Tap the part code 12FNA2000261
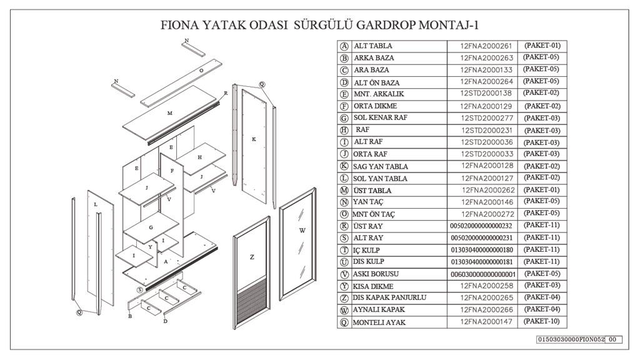(486, 46)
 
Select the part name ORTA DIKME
(375, 106)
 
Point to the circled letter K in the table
(344, 166)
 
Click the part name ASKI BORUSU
(376, 274)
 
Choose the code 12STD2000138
(486, 93)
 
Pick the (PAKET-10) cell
(542, 321)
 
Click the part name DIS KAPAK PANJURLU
(389, 297)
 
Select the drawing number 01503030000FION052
(571, 339)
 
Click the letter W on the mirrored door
(302, 230)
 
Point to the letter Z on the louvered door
(252, 257)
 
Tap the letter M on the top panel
(170, 113)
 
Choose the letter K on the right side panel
(254, 139)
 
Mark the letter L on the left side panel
(96, 204)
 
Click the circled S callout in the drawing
(140, 290)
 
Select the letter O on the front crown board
(201, 71)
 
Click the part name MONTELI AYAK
(379, 322)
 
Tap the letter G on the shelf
(151, 227)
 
